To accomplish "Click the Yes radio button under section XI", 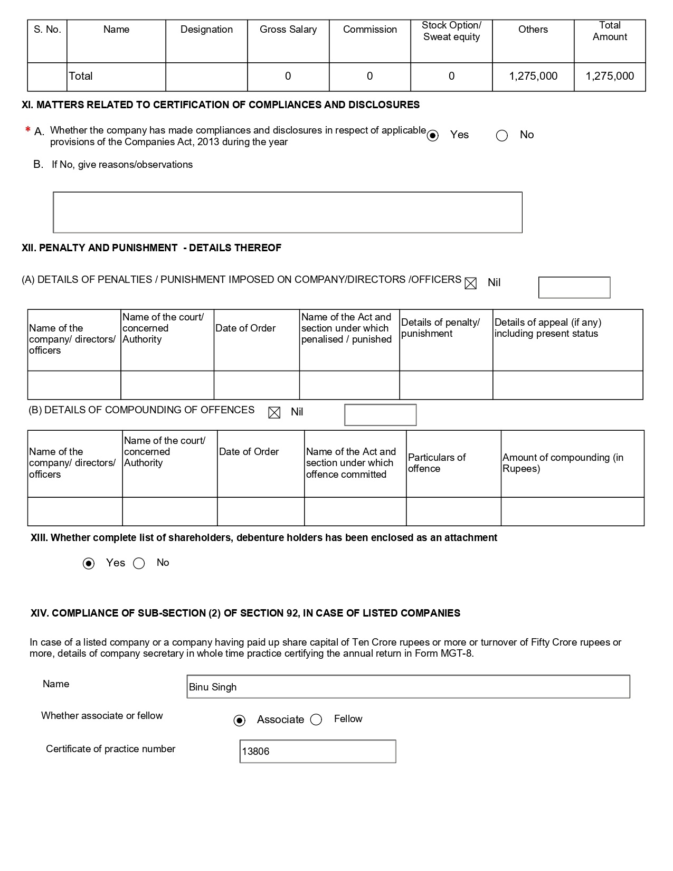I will [433, 136].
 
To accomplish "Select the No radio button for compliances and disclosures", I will [502, 136].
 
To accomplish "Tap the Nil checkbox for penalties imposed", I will [470, 283].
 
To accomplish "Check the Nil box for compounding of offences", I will [274, 413].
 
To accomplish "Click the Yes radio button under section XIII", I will [89, 564].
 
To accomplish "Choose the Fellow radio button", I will [316, 719].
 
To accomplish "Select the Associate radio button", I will [240, 721].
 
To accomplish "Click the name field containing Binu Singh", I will [408, 687].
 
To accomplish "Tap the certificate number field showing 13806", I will [317, 751].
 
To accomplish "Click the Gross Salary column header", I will [288, 30].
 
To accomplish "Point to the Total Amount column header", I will [610, 31].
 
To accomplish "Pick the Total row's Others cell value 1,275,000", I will [533, 76].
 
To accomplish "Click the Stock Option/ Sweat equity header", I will [451, 31].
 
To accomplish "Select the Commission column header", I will [369, 30].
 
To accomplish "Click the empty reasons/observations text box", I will [288, 212].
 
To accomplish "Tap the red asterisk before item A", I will [27, 130].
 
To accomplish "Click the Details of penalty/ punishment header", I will [440, 328].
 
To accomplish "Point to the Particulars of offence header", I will [437, 463].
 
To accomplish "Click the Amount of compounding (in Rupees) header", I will [563, 463].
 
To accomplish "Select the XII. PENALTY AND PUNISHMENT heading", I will [151, 248].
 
